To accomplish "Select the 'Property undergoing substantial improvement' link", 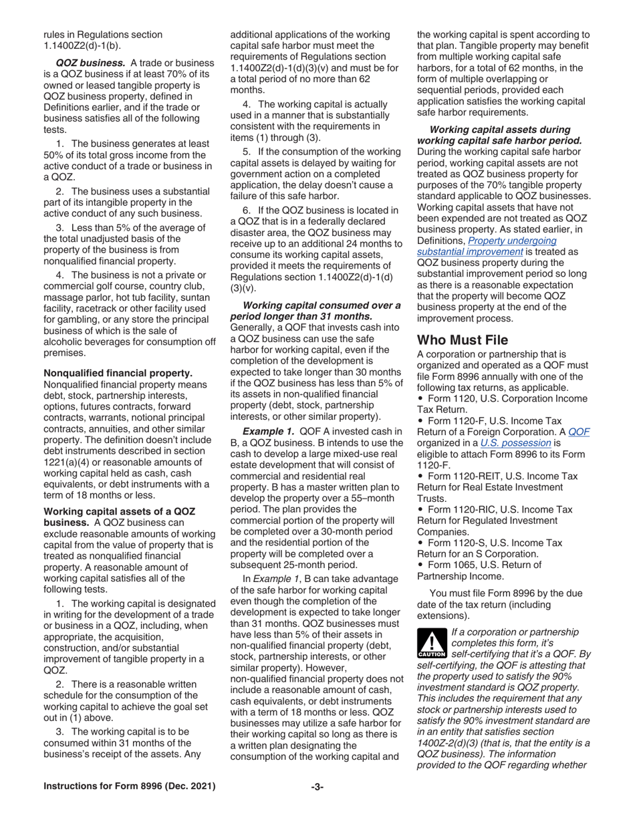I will tap(487, 246).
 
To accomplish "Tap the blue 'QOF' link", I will tap(579, 431).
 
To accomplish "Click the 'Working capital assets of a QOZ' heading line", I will tap(119, 511).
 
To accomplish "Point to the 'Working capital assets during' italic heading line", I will tap(500, 129).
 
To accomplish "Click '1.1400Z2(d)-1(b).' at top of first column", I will tap(83, 45).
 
